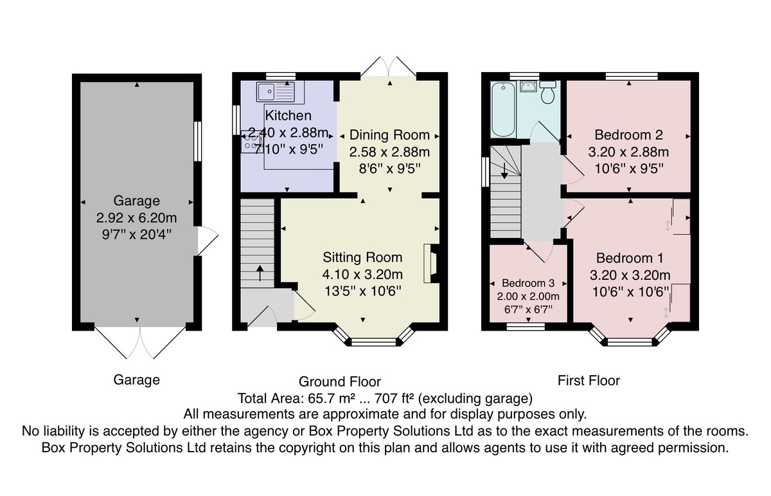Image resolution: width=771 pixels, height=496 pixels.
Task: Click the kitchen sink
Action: click(276, 92)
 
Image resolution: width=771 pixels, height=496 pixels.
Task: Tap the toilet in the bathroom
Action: click(547, 93)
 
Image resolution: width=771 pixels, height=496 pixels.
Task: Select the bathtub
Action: click(503, 109)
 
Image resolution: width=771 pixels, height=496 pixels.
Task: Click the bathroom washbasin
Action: click(527, 86)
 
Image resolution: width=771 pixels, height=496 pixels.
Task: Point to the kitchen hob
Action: click(252, 142)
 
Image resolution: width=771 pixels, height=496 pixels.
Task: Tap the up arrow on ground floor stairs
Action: click(260, 273)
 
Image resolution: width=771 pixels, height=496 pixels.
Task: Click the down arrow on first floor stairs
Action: click(504, 170)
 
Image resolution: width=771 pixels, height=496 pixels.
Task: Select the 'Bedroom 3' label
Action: click(528, 283)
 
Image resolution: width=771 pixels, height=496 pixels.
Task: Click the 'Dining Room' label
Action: click(389, 134)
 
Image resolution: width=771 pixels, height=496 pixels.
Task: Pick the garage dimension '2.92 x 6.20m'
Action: click(137, 218)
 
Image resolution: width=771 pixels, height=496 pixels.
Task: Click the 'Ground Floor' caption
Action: click(340, 381)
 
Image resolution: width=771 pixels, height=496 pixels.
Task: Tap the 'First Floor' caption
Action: click(589, 381)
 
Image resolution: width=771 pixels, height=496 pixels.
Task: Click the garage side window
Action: click(198, 141)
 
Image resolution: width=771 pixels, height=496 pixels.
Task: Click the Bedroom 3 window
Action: click(526, 326)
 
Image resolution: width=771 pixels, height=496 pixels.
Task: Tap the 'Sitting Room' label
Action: click(362, 257)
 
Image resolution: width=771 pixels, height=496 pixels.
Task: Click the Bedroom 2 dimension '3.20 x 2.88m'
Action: click(628, 152)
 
